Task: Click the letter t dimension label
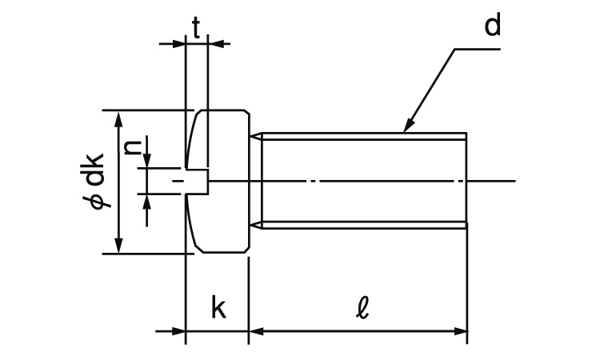pyautogui.click(x=196, y=26)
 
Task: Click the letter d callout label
pyautogui.click(x=492, y=26)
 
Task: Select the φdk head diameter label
pyautogui.click(x=95, y=182)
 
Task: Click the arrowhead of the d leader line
pyautogui.click(x=408, y=126)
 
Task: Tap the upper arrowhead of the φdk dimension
pyautogui.click(x=119, y=118)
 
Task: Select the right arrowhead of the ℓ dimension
pyautogui.click(x=462, y=330)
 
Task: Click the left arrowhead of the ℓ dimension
pyautogui.click(x=255, y=330)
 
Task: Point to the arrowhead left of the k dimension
pyautogui.click(x=180, y=330)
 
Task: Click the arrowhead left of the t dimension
pyautogui.click(x=180, y=43)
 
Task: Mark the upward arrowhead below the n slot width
pyautogui.click(x=147, y=198)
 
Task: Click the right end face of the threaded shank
pyautogui.click(x=466, y=181)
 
